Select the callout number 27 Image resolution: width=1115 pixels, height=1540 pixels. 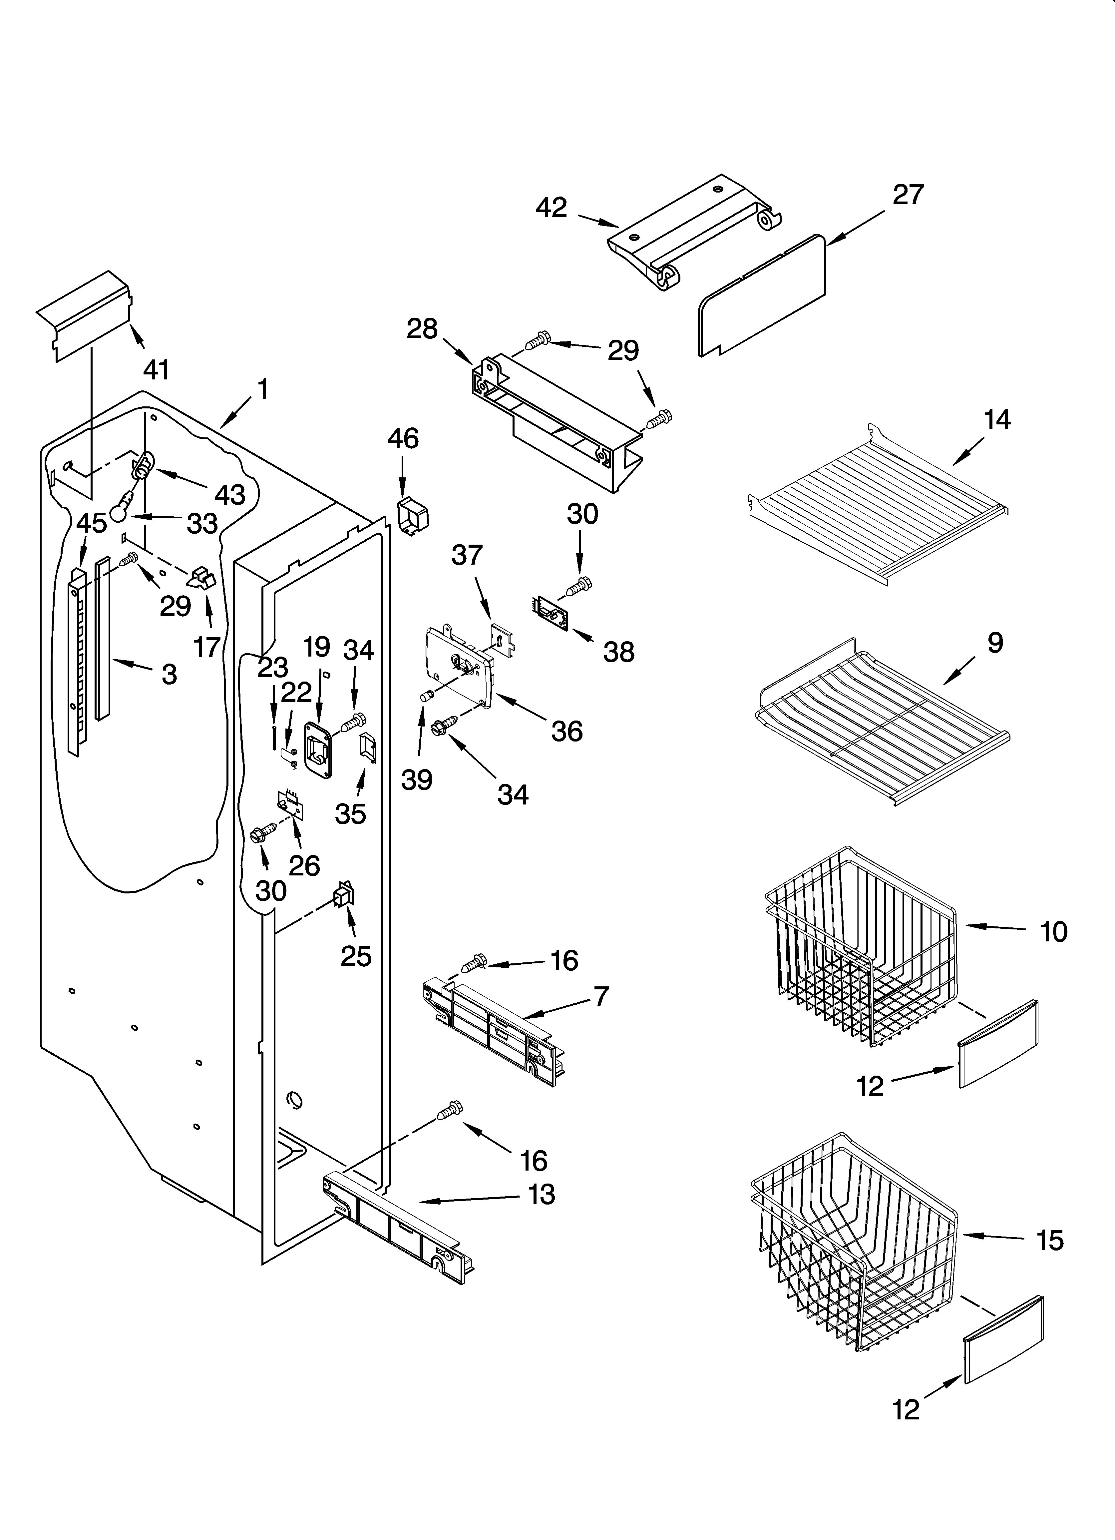tap(908, 195)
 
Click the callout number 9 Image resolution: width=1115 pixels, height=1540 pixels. tap(995, 642)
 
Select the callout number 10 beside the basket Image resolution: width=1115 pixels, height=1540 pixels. tap(1053, 932)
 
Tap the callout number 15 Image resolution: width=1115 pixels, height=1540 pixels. tap(1050, 1241)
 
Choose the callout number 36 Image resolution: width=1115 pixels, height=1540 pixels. tap(566, 731)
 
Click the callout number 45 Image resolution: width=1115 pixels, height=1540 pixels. tap(91, 523)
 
